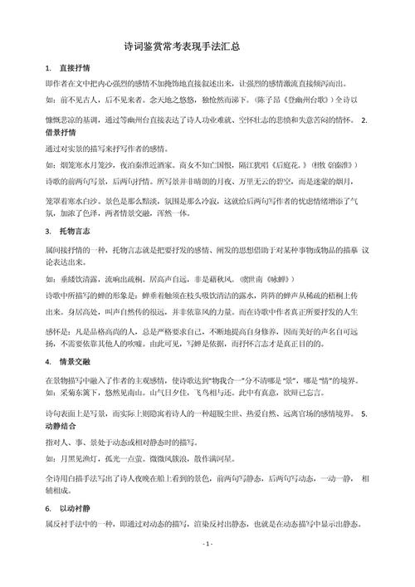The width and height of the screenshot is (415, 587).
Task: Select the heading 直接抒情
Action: point(76,67)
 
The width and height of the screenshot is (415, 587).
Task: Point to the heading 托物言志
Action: point(76,230)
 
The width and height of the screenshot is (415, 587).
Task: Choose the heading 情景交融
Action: point(76,362)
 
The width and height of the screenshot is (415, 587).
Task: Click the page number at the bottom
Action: point(207,565)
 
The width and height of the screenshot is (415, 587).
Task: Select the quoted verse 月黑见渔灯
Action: point(81,457)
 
